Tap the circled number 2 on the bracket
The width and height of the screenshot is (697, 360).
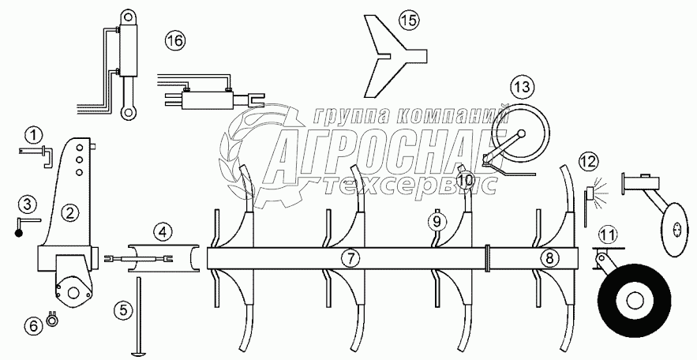pyautogui.click(x=70, y=211)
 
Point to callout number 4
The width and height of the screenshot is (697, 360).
pyautogui.click(x=161, y=231)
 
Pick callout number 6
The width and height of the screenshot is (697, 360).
pyautogui.click(x=32, y=323)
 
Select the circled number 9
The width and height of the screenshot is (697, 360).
pyautogui.click(x=436, y=221)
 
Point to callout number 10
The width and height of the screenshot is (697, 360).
pyautogui.click(x=465, y=181)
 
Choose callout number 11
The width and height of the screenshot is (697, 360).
pyautogui.click(x=606, y=234)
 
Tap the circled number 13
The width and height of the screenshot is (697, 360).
pyautogui.click(x=521, y=86)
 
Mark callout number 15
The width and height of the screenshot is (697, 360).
pyautogui.click(x=407, y=19)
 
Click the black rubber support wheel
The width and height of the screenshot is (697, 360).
pyautogui.click(x=631, y=300)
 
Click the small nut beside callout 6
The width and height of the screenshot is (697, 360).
pyautogui.click(x=54, y=320)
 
